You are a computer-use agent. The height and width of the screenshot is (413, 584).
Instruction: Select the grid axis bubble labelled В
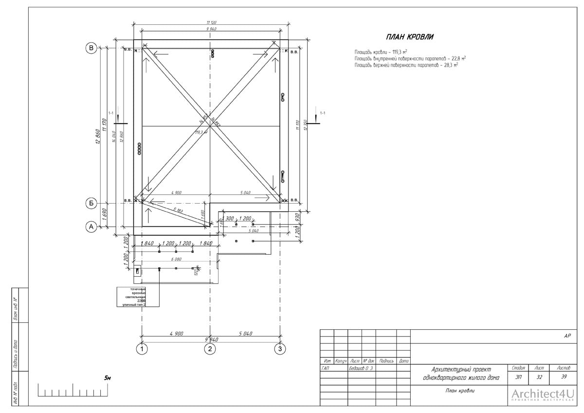point(91,48)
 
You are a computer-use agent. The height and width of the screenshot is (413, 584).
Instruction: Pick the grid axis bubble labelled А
point(91,226)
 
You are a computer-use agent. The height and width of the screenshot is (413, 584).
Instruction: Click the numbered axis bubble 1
point(142,349)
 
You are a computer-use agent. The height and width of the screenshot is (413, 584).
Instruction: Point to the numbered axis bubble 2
point(210,349)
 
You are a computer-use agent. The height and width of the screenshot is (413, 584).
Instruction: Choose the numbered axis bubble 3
point(279,349)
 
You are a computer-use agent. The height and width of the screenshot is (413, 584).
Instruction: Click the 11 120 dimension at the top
point(211,23)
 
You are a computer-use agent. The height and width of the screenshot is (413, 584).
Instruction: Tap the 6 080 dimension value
point(176,260)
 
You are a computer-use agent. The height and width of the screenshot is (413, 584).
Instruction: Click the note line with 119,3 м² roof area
point(381,52)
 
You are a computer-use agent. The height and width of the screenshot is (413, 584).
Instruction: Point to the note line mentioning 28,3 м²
point(406,64)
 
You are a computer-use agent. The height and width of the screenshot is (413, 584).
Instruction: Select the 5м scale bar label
point(108,378)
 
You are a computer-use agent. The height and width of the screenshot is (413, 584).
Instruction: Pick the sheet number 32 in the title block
point(539,376)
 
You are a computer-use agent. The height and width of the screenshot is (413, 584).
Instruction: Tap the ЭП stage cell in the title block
point(518,376)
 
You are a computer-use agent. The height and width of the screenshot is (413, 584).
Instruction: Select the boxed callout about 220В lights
point(131,297)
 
